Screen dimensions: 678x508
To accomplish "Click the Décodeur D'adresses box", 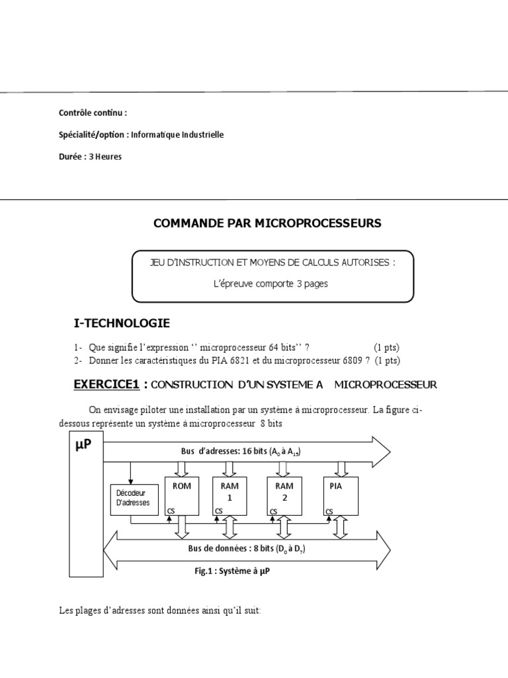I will pos(133,498).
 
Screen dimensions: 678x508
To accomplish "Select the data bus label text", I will pos(243,550).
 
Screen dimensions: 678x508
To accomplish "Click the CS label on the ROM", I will pos(171,511).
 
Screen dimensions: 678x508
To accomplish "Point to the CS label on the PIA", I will pos(329,511).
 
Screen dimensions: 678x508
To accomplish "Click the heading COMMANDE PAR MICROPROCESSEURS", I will pos(267,223).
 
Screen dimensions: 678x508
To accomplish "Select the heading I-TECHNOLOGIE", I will pos(122,323).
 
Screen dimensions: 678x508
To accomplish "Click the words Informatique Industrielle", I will pos(177,134).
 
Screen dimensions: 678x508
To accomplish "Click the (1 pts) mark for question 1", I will pos(386,348).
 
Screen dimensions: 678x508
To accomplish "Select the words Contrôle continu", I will pos(93,113).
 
